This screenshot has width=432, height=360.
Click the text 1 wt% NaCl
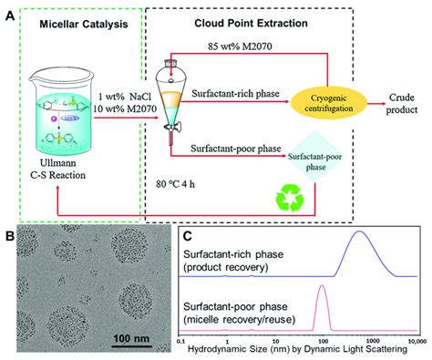click(x=119, y=98)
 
